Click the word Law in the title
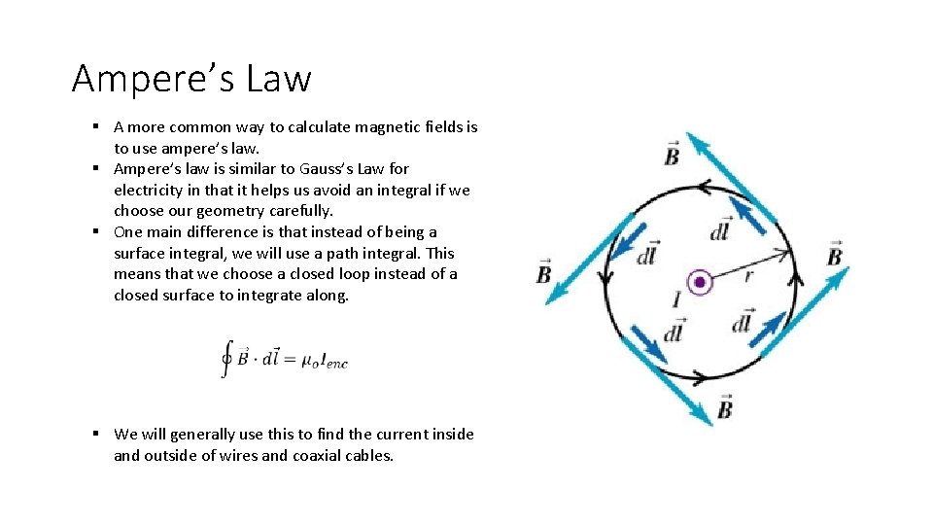279,78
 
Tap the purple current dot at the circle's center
700,283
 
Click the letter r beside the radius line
748,275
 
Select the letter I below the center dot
676,299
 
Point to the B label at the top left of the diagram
672,154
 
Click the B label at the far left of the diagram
543,272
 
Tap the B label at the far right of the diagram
834,255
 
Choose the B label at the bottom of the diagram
724,408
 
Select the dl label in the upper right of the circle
720,230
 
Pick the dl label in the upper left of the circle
647,254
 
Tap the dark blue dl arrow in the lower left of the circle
648,343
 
